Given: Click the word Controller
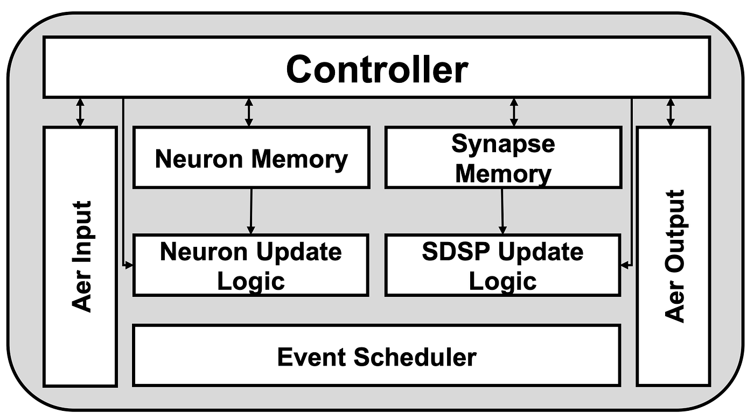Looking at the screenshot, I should click(x=376, y=69).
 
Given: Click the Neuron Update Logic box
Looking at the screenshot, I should click(x=251, y=265).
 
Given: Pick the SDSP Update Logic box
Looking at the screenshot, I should click(x=503, y=265).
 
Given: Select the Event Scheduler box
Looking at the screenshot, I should click(x=376, y=356).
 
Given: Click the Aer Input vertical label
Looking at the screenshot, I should click(x=81, y=256).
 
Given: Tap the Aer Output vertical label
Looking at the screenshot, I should click(x=674, y=256).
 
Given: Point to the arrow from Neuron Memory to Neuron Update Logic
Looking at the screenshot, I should click(x=250, y=211).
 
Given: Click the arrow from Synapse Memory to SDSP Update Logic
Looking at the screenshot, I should click(x=502, y=211).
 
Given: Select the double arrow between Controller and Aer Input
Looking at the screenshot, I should click(x=80, y=112).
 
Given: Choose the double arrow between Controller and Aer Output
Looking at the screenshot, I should click(x=671, y=112).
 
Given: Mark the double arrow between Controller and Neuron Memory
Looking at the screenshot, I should click(x=248, y=112).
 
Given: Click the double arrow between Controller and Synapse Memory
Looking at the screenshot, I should click(x=514, y=112).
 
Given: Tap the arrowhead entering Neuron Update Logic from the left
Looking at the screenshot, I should click(x=129, y=265).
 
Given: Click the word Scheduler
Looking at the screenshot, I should click(x=415, y=357).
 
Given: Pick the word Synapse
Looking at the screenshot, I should click(x=503, y=144).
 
